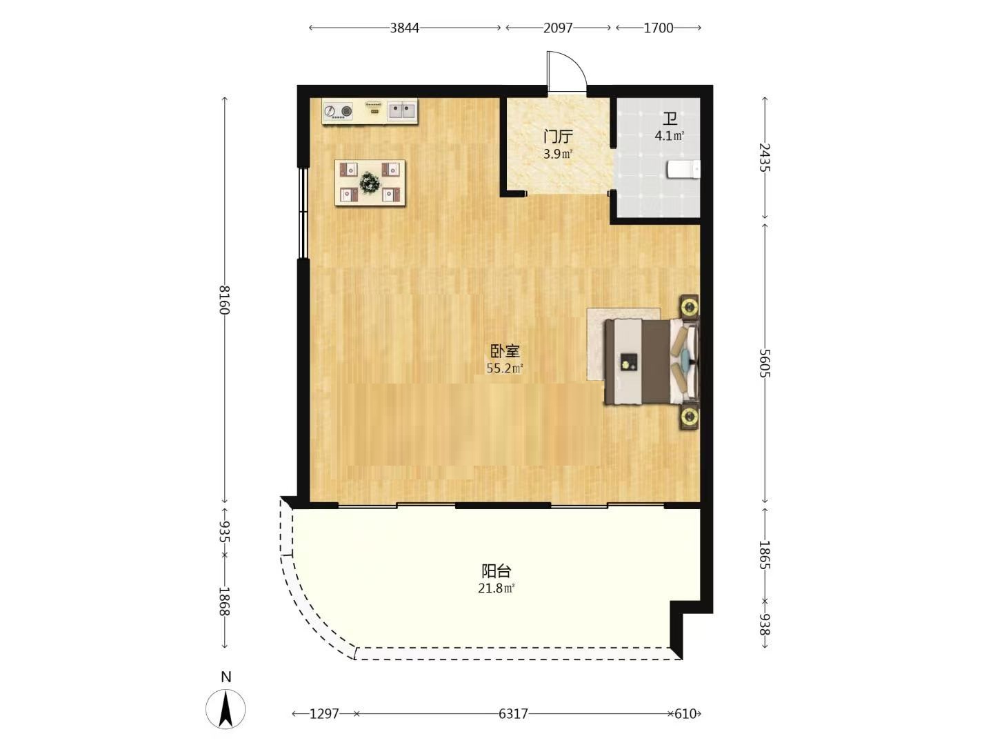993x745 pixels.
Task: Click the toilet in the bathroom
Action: click(683, 169)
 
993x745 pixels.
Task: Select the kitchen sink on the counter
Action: click(402, 111)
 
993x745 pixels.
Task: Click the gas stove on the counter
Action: click(338, 111)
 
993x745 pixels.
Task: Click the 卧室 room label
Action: click(505, 350)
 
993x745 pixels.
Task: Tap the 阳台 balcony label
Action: click(496, 571)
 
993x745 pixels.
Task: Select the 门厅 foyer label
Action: click(559, 136)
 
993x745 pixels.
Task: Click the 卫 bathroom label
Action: click(670, 119)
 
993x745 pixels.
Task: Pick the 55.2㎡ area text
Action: click(504, 368)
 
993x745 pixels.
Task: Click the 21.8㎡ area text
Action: click(496, 588)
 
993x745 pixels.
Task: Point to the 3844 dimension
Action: click(404, 28)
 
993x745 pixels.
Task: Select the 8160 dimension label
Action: click(225, 300)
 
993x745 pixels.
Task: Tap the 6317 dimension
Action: click(513, 714)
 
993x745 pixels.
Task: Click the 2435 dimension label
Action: click(764, 157)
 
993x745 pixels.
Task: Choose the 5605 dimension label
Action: click(764, 363)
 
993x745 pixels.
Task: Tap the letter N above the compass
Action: click(226, 677)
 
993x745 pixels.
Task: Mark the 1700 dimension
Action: click(659, 28)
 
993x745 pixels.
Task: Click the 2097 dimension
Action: click(558, 28)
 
